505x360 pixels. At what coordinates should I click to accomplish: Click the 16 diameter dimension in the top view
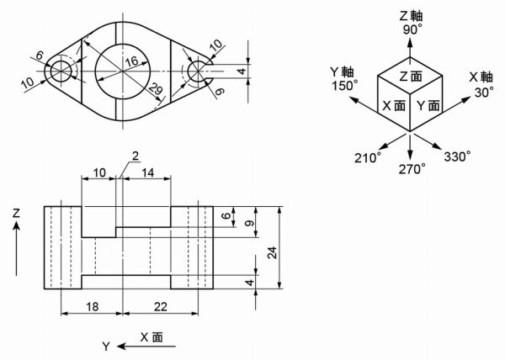point(131,61)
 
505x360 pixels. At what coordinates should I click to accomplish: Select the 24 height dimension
point(272,249)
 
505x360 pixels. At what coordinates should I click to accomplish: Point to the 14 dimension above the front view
point(147,172)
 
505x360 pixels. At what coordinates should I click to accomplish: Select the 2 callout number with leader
point(135,155)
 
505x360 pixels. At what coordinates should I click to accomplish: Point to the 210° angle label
point(366,157)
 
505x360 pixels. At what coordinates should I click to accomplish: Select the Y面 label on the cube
point(428,106)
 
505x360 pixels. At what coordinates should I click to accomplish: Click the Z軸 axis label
point(411,13)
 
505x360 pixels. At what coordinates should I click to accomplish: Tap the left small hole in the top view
point(61,71)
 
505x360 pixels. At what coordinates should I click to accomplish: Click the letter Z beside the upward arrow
point(16,216)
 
